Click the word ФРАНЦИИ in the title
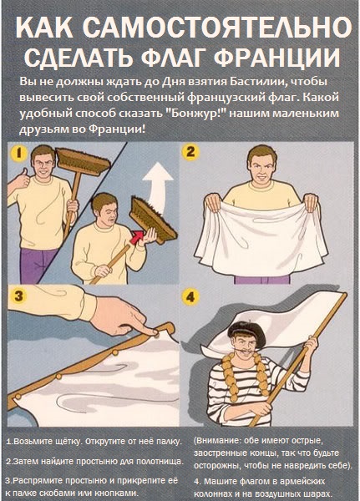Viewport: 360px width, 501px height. tap(276, 58)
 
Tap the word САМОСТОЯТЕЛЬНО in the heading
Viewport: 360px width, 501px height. tap(217, 28)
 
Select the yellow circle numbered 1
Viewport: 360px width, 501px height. tap(19, 154)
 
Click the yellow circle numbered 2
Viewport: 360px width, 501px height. tap(190, 152)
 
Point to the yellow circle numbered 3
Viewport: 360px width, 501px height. tap(18, 296)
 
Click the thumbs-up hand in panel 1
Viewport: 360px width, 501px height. tap(22, 180)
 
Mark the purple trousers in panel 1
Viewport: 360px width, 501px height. tap(37, 265)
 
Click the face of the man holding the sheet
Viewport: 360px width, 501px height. tap(262, 168)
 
